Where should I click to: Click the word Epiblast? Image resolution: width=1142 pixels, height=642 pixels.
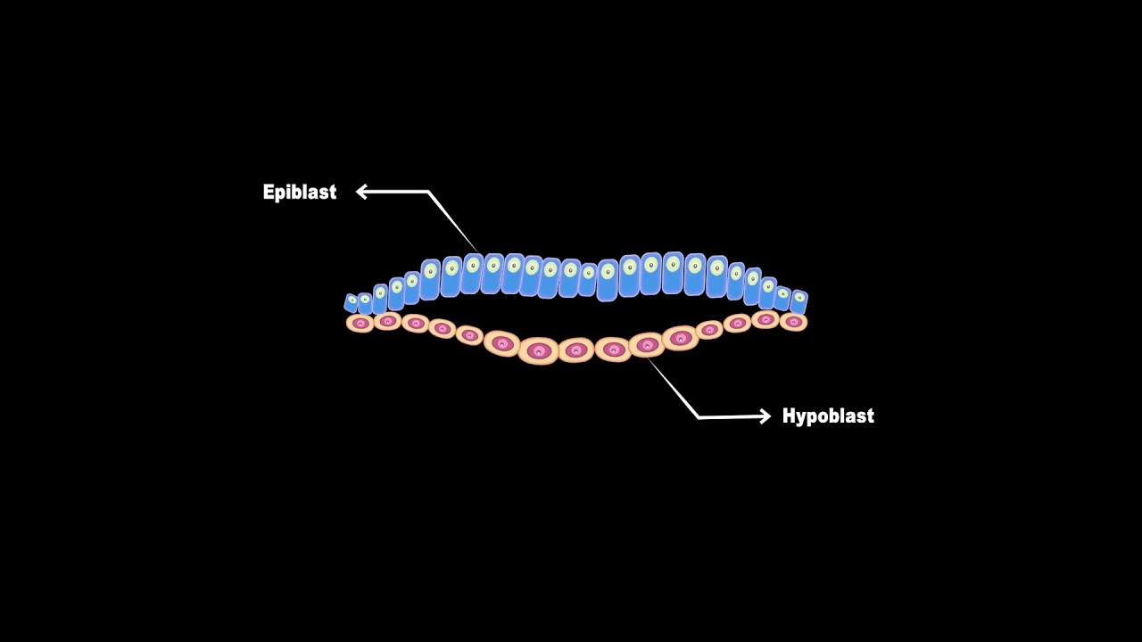coord(299,192)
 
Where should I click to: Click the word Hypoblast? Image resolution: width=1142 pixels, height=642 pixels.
coord(828,416)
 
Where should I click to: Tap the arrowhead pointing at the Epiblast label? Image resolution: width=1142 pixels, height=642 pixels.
coord(361,192)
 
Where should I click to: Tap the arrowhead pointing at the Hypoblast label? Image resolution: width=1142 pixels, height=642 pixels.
coord(765,416)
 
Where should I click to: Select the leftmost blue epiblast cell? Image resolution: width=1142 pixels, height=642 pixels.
coord(351,302)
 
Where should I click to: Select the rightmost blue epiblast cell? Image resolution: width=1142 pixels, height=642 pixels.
coord(799,301)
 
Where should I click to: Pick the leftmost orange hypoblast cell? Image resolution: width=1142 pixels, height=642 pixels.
coord(360,323)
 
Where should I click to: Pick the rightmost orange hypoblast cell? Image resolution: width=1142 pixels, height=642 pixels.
coord(793,322)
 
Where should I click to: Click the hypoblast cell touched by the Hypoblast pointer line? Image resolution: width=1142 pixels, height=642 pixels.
coord(647,345)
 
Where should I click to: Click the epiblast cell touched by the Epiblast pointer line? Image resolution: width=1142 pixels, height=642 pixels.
coord(472,274)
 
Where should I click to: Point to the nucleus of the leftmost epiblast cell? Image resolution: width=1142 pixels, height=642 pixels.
coord(352,300)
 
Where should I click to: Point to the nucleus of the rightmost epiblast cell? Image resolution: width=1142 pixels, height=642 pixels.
coord(799,298)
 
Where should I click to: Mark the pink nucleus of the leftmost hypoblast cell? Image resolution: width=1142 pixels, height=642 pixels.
coord(361,323)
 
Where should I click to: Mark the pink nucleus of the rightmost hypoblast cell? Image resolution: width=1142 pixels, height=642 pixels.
coord(793,322)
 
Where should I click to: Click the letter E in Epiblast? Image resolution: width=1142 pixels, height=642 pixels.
coord(269,192)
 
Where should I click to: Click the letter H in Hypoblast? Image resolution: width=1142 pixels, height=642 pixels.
coord(789,416)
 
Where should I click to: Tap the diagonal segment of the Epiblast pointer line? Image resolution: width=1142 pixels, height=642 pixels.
coord(452,222)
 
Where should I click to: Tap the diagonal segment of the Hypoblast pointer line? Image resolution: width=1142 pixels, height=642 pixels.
coord(673,388)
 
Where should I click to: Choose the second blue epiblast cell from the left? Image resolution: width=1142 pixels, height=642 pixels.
coord(365,303)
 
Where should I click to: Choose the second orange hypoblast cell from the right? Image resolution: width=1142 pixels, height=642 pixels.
coord(765,319)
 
